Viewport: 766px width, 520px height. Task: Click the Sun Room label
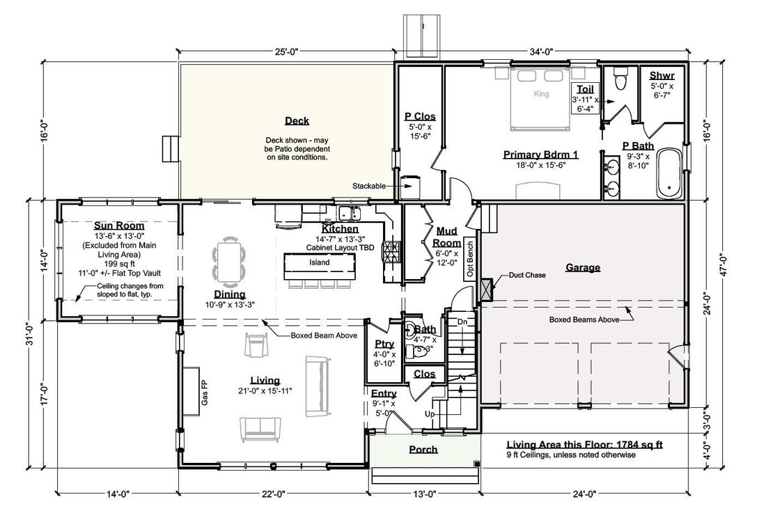119,226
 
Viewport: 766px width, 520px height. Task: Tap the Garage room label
583,267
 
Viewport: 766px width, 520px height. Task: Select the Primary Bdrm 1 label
541,155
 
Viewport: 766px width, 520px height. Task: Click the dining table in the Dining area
228,262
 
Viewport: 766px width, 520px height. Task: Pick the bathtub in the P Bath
669,173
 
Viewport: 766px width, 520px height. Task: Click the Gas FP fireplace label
205,393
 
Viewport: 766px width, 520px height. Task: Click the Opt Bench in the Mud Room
469,259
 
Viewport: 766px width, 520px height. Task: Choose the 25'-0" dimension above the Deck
286,52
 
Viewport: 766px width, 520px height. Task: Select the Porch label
423,449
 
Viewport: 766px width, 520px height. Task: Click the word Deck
297,120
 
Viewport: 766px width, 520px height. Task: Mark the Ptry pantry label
384,344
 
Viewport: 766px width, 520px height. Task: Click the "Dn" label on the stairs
462,322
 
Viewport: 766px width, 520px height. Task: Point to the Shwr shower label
662,76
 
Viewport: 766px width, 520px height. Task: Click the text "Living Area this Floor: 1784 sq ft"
584,445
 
